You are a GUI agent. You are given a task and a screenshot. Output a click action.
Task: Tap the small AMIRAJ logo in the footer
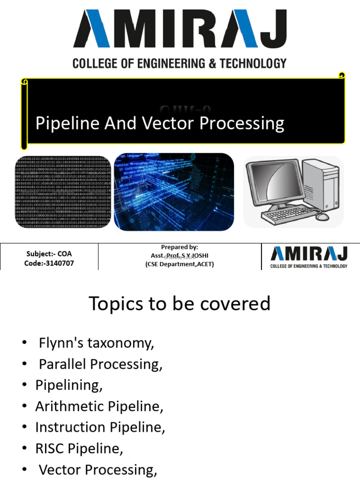coord(309,256)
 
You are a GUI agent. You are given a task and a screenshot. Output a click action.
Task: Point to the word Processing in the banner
coord(242,124)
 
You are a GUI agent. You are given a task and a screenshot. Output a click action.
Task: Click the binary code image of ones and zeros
coord(63,193)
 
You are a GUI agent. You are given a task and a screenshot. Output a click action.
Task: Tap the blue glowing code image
coord(174,192)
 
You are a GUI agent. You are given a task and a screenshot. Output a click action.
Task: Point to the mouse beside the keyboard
coord(322,217)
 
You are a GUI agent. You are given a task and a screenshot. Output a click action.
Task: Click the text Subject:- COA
coord(49,254)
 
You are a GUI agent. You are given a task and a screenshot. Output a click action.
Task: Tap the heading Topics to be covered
coord(180,304)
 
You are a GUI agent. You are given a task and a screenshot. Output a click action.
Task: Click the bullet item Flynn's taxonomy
coord(96,343)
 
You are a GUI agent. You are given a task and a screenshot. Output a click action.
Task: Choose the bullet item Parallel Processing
coord(100,364)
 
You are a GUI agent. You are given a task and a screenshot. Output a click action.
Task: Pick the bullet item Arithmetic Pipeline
coord(99,406)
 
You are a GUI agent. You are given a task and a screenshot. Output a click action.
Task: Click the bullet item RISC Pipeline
coord(79,449)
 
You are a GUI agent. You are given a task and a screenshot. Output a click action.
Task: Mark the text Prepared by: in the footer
coord(180,247)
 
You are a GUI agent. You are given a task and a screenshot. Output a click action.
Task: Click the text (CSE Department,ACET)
coord(180,264)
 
